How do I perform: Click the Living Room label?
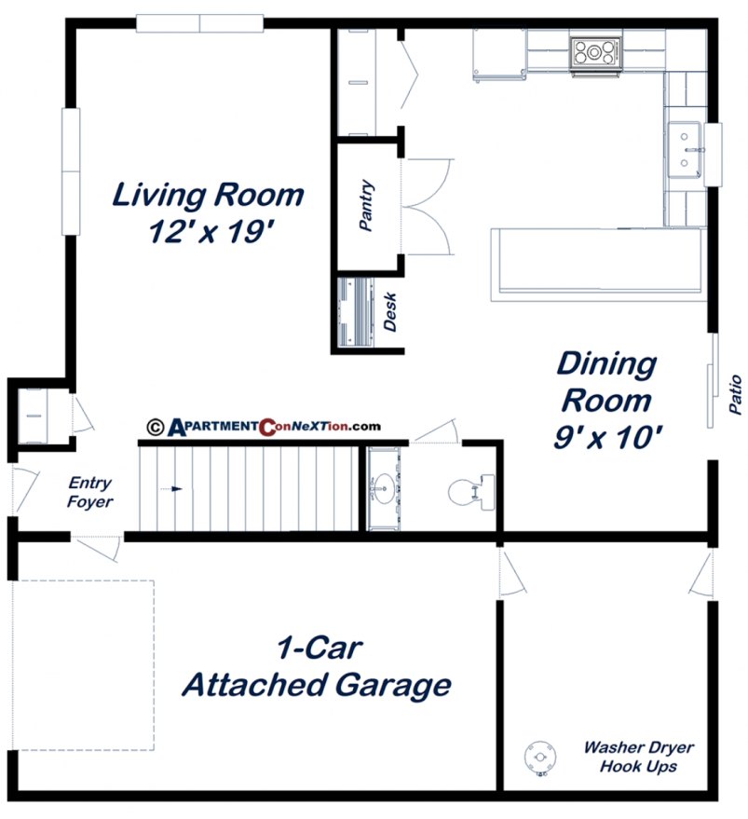point(208,196)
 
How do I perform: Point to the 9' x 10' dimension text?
point(608,437)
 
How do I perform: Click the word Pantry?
point(367,206)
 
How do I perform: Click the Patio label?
point(735,394)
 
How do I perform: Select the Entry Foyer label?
point(90,493)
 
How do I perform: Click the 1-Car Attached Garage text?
point(317,668)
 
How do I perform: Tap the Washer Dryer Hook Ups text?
point(639,757)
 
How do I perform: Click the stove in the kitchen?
point(594,50)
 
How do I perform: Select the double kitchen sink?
point(687,149)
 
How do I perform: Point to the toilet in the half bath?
point(466,491)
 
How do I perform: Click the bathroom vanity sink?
point(382,487)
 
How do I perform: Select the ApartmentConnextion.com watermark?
point(264,427)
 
